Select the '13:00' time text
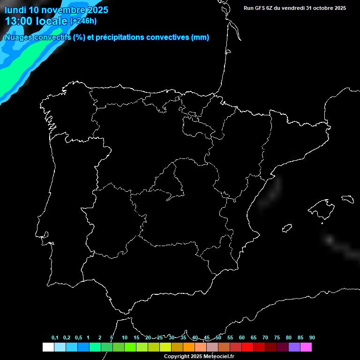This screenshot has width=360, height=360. pyautogui.click(x=19, y=21)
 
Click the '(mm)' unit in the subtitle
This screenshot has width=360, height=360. pyautogui.click(x=200, y=37)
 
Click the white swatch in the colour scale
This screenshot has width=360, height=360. pyautogui.click(x=48, y=347)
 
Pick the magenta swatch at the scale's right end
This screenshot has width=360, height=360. pyautogui.click(x=306, y=347)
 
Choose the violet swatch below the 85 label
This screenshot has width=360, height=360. pyautogui.click(x=294, y=347)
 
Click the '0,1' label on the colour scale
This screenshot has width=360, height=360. pyautogui.click(x=55, y=337)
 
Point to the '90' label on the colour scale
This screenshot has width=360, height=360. pyautogui.click(x=312, y=337)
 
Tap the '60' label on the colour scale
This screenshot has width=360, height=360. pyautogui.click(x=242, y=337)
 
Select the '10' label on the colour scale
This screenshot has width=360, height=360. pyautogui.click(x=125, y=337)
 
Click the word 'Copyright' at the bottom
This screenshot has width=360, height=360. pyautogui.click(x=177, y=357)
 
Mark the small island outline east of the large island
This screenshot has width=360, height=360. pyautogui.click(x=348, y=199)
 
